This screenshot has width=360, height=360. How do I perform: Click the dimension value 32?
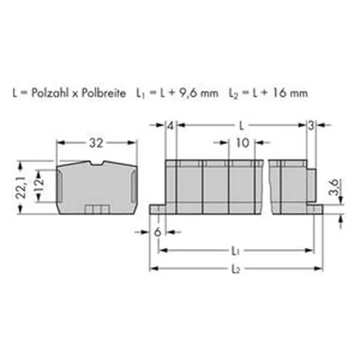(96, 143)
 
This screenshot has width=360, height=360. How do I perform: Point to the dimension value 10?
(243, 143)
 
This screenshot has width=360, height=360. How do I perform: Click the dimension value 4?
(171, 126)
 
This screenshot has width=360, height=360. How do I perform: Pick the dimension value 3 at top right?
(311, 126)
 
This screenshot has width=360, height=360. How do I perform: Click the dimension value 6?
(158, 232)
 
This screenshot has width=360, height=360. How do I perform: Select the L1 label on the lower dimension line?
(236, 251)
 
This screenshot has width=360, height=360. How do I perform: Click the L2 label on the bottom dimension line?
(236, 269)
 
